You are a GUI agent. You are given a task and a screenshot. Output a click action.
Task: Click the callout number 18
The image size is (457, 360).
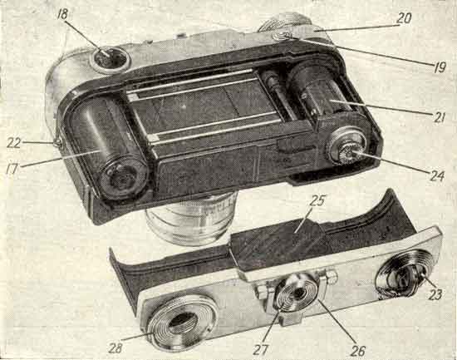pyautogui.click(x=62, y=15)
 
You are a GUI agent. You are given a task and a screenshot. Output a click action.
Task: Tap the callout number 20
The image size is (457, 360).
pyautogui.click(x=404, y=17)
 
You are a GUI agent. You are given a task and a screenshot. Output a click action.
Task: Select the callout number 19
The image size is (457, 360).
pyautogui.click(x=440, y=67)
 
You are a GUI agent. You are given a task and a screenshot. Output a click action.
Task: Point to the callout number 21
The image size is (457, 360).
pyautogui.click(x=439, y=117)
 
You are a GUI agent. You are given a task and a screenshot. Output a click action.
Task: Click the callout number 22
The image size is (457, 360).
pyautogui.click(x=13, y=143)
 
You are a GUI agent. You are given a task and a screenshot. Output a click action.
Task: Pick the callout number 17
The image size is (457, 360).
pyautogui.click(x=12, y=169)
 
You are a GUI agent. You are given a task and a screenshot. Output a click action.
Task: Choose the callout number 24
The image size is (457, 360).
pyautogui.click(x=436, y=176)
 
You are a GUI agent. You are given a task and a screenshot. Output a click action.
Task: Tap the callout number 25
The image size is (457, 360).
pyautogui.click(x=317, y=200)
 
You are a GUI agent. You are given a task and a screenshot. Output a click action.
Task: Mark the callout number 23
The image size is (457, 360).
pyautogui.click(x=435, y=294)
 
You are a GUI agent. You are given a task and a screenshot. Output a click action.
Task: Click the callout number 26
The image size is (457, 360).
pyautogui.click(x=357, y=351)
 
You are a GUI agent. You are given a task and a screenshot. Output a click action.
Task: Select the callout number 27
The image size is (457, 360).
pyautogui.click(x=261, y=350)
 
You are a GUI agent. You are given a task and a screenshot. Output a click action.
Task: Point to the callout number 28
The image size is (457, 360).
pyautogui.click(x=115, y=348)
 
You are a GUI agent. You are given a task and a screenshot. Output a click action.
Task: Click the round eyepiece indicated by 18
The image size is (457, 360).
pyautogui.click(x=111, y=59)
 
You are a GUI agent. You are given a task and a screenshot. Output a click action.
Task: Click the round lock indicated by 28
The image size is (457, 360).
pyautogui.click(x=182, y=320)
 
